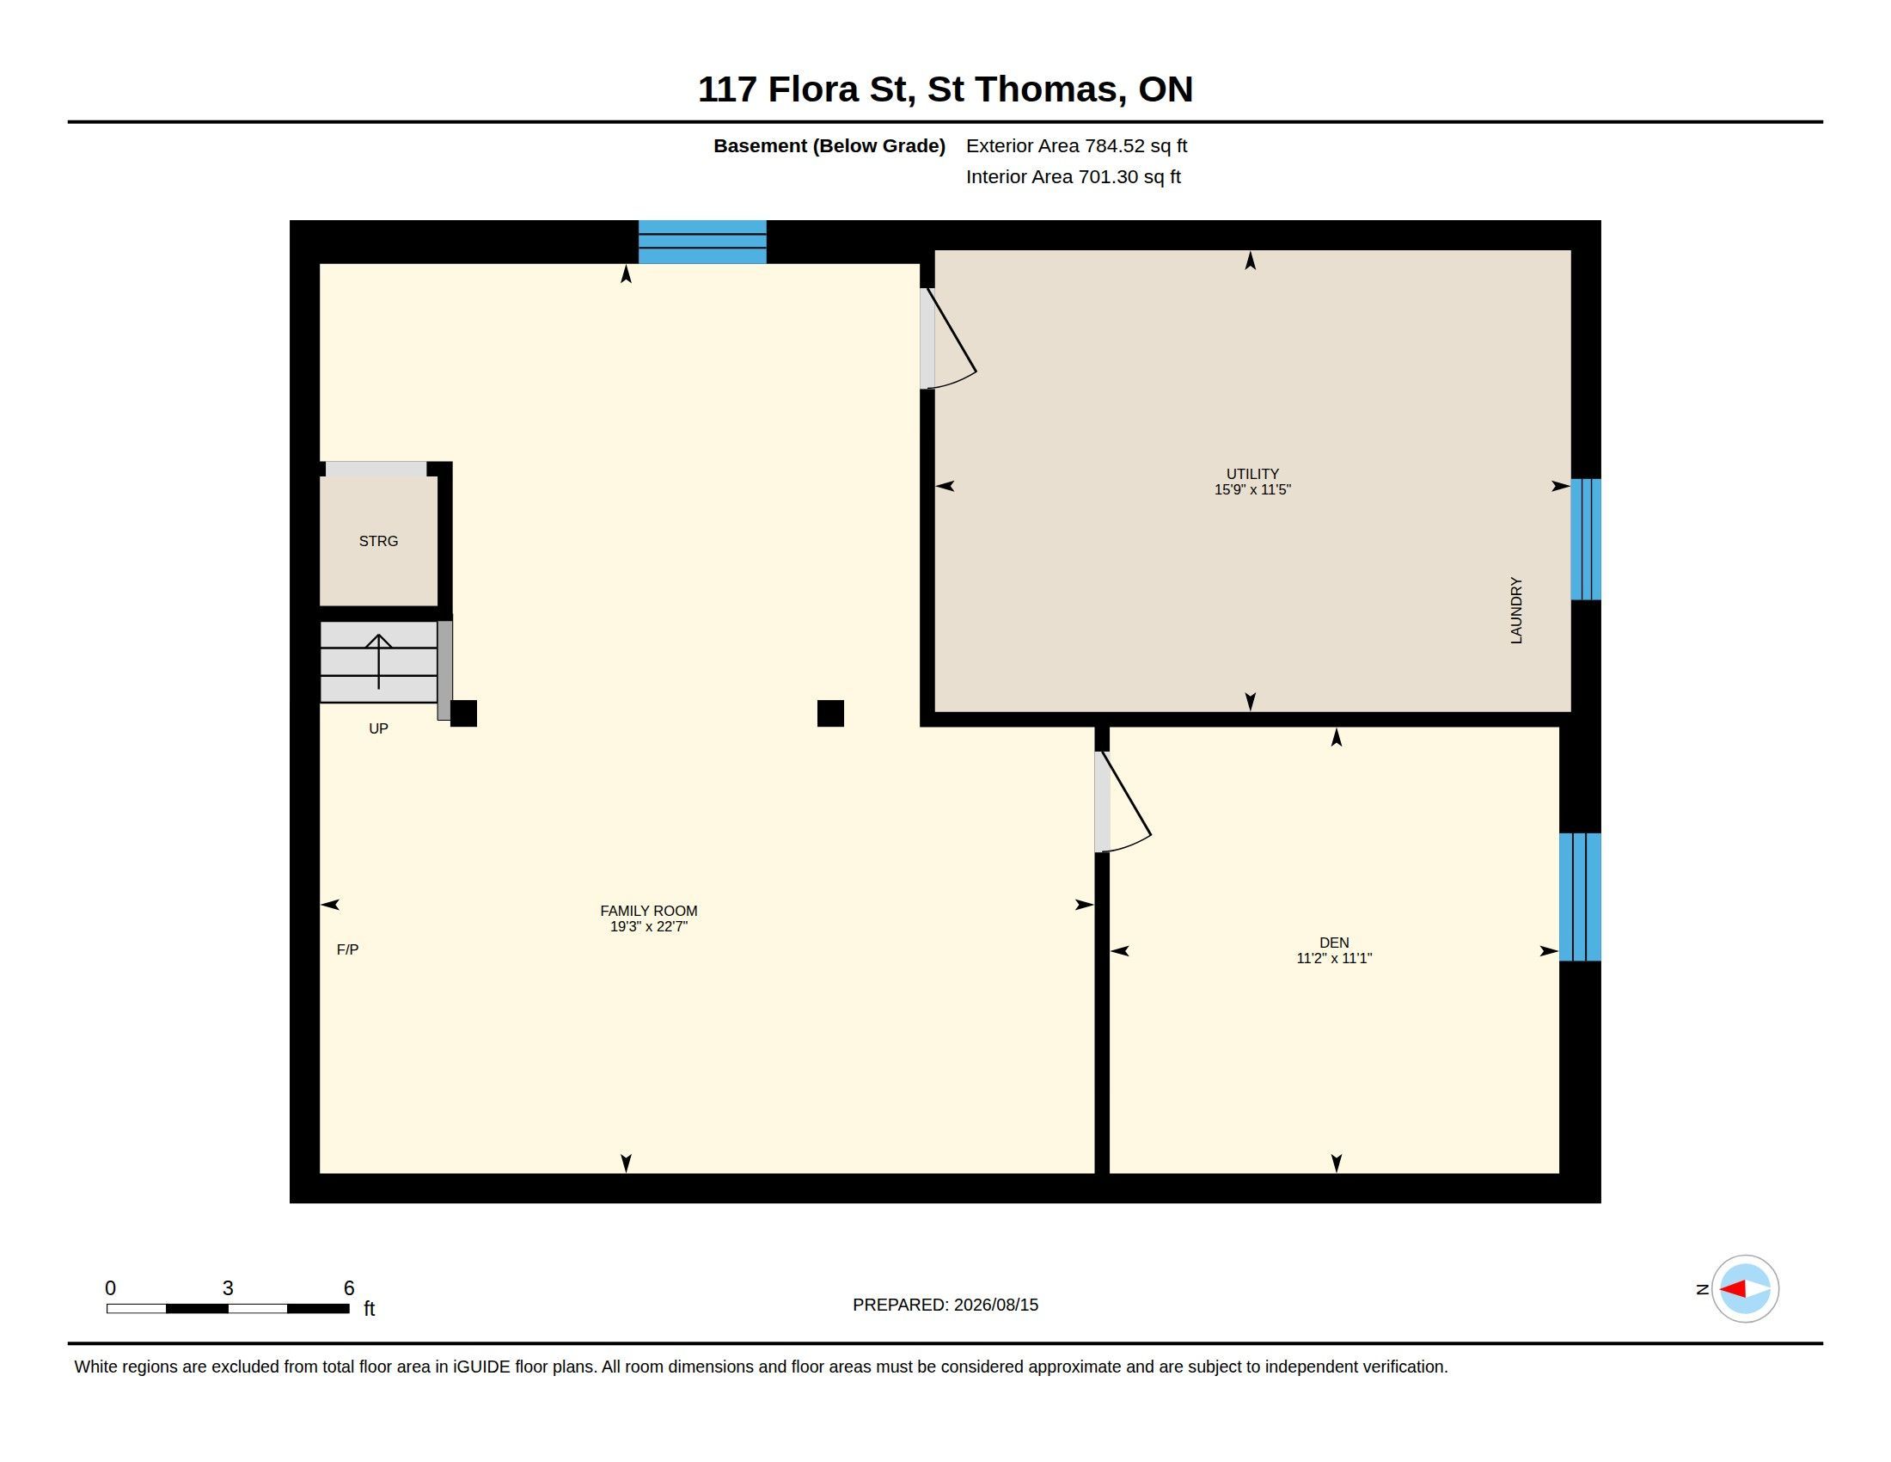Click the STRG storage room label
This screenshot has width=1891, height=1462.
coord(378,541)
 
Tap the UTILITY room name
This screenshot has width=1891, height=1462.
coord(1252,474)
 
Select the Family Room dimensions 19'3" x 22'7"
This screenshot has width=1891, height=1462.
coord(648,927)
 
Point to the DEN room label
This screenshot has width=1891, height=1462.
coord(1334,943)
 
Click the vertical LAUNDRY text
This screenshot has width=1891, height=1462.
coord(1516,611)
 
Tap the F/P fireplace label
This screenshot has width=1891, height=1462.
coord(347,949)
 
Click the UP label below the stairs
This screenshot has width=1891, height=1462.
coord(378,728)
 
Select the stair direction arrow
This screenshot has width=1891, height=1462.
coord(378,661)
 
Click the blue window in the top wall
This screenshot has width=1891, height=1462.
coord(702,242)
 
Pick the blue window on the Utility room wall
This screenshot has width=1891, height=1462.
coord(1585,538)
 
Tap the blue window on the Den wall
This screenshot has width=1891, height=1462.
coord(1580,896)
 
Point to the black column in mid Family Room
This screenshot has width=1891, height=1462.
coord(830,713)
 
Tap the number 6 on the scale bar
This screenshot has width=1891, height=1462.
coord(349,1288)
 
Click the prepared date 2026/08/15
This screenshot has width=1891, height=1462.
coord(995,1305)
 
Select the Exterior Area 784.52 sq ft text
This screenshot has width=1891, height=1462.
coord(1076,145)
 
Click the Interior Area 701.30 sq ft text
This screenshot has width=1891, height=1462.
coord(1073,176)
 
